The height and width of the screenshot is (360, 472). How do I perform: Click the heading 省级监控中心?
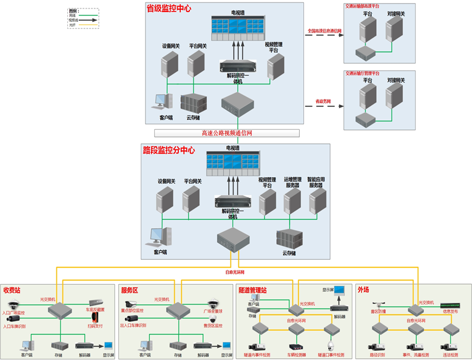pyautogui.click(x=169, y=8)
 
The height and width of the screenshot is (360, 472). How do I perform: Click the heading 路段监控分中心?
pyautogui.click(x=169, y=150)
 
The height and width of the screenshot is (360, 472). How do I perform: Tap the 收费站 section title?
pyautogui.click(x=12, y=290)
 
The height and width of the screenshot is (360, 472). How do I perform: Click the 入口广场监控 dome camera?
pyautogui.click(x=13, y=305)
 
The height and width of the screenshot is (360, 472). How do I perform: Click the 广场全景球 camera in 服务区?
pyautogui.click(x=212, y=304)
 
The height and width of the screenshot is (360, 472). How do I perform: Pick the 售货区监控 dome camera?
pyautogui.click(x=212, y=319)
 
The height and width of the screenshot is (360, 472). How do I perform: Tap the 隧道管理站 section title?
pyautogui.click(x=254, y=290)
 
